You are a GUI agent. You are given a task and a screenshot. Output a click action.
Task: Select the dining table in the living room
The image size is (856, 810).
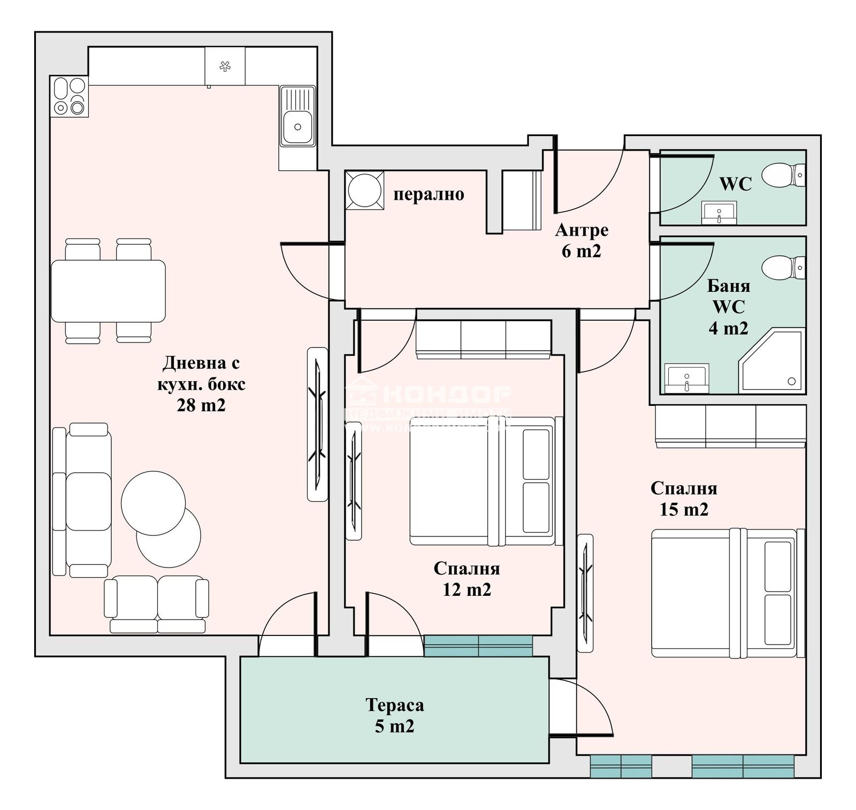point(108,290)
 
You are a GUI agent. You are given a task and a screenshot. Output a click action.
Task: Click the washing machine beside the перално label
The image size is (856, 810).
point(365,190)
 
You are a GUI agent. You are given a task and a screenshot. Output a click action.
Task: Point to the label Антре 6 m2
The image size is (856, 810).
point(582,240)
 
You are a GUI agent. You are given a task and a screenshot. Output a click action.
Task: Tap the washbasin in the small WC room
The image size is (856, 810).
point(719,213)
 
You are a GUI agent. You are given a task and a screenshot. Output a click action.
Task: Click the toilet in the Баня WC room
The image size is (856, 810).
point(782,267)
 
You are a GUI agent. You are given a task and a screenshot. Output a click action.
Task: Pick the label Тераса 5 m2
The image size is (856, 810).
point(395,715)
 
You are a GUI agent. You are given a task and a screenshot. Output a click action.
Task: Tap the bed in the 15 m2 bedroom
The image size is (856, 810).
point(727,593)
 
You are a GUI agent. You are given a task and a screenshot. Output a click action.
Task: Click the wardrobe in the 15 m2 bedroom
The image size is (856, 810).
point(731,426)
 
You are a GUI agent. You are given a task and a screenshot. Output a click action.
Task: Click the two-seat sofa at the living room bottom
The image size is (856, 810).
point(157,603)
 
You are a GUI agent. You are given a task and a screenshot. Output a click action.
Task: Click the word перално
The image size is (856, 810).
point(429,194)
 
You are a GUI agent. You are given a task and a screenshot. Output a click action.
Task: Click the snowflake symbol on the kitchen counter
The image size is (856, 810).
point(225,66)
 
